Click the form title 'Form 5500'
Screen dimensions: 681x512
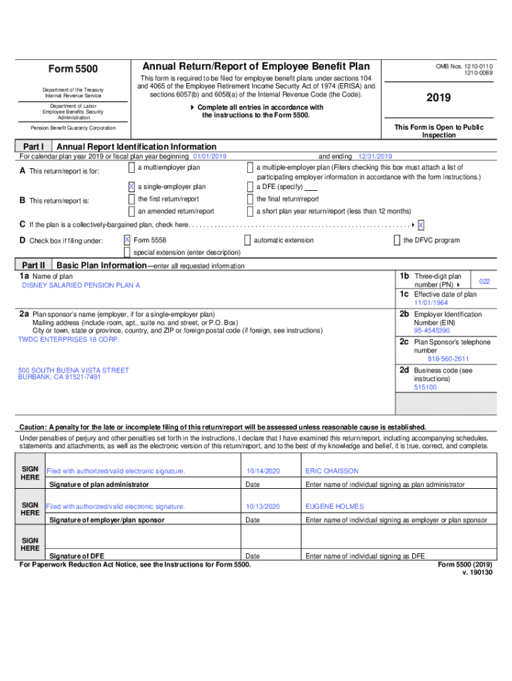[72, 69]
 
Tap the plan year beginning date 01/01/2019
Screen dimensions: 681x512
[209, 156]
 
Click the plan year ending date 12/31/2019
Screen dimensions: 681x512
[375, 156]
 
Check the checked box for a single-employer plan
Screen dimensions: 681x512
[131, 187]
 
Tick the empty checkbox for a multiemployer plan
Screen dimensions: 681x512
[131, 168]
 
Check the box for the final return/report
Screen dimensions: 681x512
[250, 199]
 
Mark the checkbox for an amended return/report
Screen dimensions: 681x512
[131, 211]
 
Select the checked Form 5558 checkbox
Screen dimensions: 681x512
[127, 239]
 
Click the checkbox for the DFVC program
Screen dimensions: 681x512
[397, 239]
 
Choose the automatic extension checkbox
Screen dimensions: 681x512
[247, 239]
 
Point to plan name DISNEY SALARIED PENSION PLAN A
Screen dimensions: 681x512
[81, 285]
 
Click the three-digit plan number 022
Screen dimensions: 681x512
[485, 281]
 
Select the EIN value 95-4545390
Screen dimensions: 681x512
[432, 330]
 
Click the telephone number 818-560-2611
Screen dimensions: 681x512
[438, 358]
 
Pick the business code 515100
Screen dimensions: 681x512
[425, 386]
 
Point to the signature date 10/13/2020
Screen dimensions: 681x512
[263, 506]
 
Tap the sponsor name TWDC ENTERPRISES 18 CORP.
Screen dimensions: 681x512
[68, 339]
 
